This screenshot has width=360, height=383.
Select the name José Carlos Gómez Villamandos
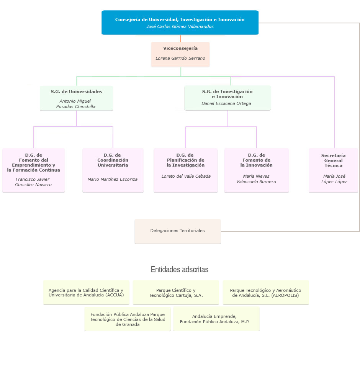tap(180, 27)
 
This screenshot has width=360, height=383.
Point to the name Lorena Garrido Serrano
tap(180, 59)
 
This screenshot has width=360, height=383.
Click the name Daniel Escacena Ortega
tap(227, 104)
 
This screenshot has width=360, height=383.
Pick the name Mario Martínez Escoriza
tap(113, 179)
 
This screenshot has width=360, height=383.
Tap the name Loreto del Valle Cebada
tap(186, 177)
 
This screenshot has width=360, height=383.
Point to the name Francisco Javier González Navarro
tap(33, 182)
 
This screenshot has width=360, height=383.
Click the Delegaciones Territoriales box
tap(177, 231)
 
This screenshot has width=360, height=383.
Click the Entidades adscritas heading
tap(180, 270)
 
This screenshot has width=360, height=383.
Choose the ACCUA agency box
tap(86, 293)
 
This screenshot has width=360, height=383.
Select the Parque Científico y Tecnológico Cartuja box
tap(176, 293)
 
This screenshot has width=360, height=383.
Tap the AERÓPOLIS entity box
tap(265, 293)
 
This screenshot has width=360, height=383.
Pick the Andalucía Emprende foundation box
tap(216, 319)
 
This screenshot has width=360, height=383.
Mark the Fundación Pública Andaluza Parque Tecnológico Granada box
tap(128, 319)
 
